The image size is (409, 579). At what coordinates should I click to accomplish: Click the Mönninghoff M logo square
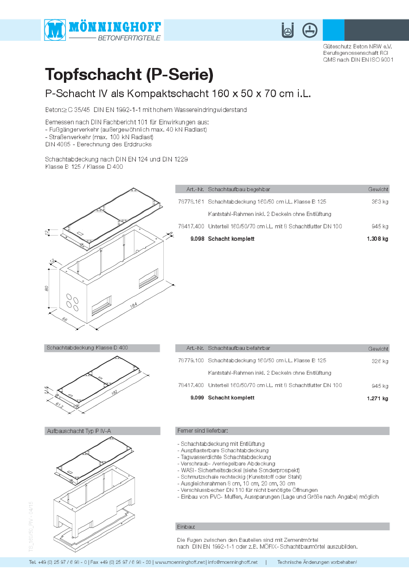coord(55,30)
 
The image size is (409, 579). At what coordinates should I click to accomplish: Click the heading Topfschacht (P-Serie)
coord(129,74)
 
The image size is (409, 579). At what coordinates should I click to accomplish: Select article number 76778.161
coord(191,202)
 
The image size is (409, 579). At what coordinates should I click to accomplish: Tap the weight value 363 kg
coord(380,202)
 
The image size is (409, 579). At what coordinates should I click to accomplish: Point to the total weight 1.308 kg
coord(377,239)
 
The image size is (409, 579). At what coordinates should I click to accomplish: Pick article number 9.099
coord(197,397)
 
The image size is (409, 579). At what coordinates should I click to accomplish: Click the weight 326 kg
coord(380,361)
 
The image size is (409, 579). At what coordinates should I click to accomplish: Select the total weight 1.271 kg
coord(377,398)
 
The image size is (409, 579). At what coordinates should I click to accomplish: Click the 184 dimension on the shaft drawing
coord(133,305)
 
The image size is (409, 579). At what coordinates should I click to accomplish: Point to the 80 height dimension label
coord(47,288)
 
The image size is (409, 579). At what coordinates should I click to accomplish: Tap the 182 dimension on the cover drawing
coord(114,392)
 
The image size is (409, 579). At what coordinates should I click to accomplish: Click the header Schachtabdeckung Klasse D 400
coord(87,348)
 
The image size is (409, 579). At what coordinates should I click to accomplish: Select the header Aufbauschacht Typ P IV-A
coord(79,431)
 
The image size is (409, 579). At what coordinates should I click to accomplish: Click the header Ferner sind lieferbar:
coord(203,431)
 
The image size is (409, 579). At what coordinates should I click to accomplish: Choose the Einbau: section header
coord(186,527)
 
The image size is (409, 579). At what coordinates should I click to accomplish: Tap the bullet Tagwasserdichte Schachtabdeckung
coord(226,457)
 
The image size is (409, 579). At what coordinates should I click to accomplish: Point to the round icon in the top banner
coord(310,30)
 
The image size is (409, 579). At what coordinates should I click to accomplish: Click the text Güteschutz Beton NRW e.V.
coord(357,46)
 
